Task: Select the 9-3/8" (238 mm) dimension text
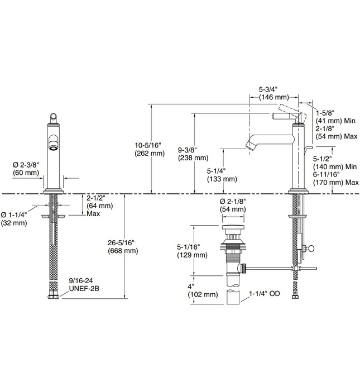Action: click(x=192, y=154)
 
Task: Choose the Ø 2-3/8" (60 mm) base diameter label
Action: click(x=26, y=169)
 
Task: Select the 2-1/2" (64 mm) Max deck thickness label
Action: click(x=99, y=205)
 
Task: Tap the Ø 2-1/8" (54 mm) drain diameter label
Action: click(x=233, y=205)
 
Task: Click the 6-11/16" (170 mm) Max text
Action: click(x=335, y=178)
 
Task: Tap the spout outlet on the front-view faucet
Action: click(x=52, y=147)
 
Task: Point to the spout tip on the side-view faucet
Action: click(x=251, y=146)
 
